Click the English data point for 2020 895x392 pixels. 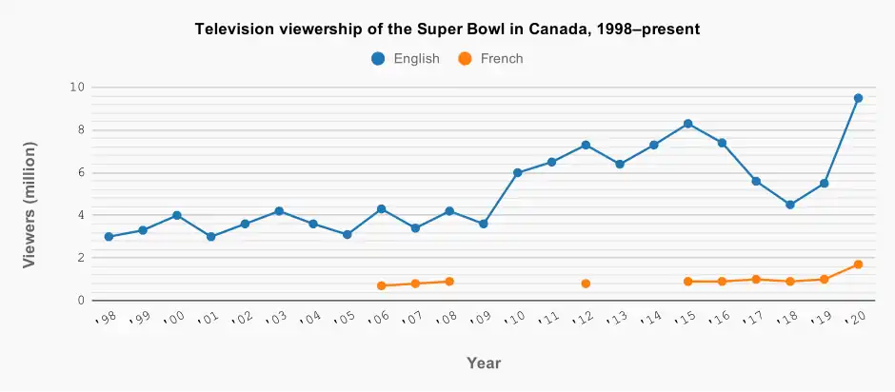858,98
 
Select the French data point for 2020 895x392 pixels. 858,265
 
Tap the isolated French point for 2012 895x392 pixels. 586,284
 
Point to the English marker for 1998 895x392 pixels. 109,237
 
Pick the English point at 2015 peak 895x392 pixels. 687,124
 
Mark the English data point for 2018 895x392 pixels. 790,205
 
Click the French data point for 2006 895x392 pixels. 381,285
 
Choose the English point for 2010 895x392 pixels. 518,173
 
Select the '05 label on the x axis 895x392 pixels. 345,319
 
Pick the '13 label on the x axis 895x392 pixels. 617,319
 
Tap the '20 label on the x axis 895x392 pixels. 855,319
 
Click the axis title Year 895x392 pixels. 484,363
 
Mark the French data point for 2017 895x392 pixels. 756,280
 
